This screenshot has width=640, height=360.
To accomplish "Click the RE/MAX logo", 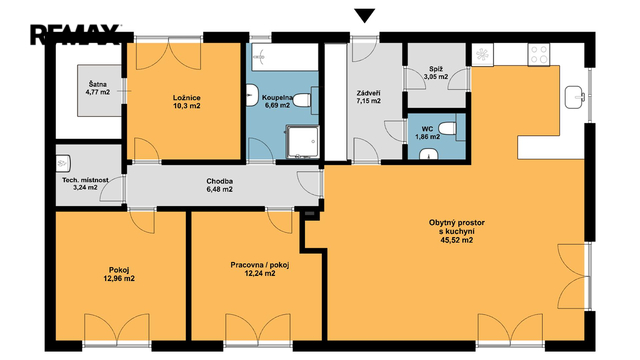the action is click(x=76, y=35).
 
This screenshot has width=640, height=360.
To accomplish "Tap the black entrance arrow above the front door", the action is click(x=364, y=16).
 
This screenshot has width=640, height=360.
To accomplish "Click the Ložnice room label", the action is click(x=187, y=98).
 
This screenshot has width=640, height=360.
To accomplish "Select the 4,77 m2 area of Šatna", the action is click(x=98, y=92).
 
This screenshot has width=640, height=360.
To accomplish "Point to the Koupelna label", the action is click(x=277, y=98).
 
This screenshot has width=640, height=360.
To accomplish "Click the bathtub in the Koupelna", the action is click(x=284, y=57).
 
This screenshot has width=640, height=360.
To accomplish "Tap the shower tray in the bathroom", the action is click(x=302, y=142).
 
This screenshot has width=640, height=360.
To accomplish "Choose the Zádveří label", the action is click(x=368, y=93).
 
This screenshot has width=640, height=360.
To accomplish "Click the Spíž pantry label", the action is click(x=436, y=69).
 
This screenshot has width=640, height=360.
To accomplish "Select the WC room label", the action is click(x=427, y=129).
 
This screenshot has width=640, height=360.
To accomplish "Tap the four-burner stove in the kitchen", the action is click(x=538, y=55).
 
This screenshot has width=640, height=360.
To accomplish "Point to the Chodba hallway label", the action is click(x=220, y=181).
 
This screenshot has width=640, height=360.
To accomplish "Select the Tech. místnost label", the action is click(x=85, y=180).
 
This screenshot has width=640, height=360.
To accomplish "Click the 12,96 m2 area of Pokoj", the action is click(x=119, y=279).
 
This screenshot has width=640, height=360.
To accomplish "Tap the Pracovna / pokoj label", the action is click(x=260, y=265).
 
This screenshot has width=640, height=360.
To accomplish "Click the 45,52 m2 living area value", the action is click(x=457, y=240).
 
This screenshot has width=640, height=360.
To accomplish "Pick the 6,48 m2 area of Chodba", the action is click(x=220, y=189).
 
